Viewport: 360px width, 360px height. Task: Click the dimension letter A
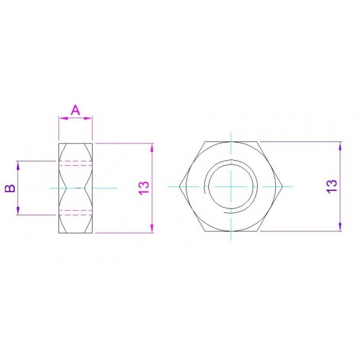point(75,110)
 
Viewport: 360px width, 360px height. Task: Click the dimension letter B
point(10,188)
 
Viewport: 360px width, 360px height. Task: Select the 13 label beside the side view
point(144,188)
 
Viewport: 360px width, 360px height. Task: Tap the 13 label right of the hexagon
point(332,186)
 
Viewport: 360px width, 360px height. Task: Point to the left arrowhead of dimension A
point(64,118)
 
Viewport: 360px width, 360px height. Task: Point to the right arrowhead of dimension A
point(87,118)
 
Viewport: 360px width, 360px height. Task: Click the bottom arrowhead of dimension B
point(18,210)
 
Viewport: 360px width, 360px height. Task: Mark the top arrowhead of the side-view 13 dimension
point(152,148)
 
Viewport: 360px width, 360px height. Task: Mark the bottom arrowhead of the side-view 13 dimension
point(152,228)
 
